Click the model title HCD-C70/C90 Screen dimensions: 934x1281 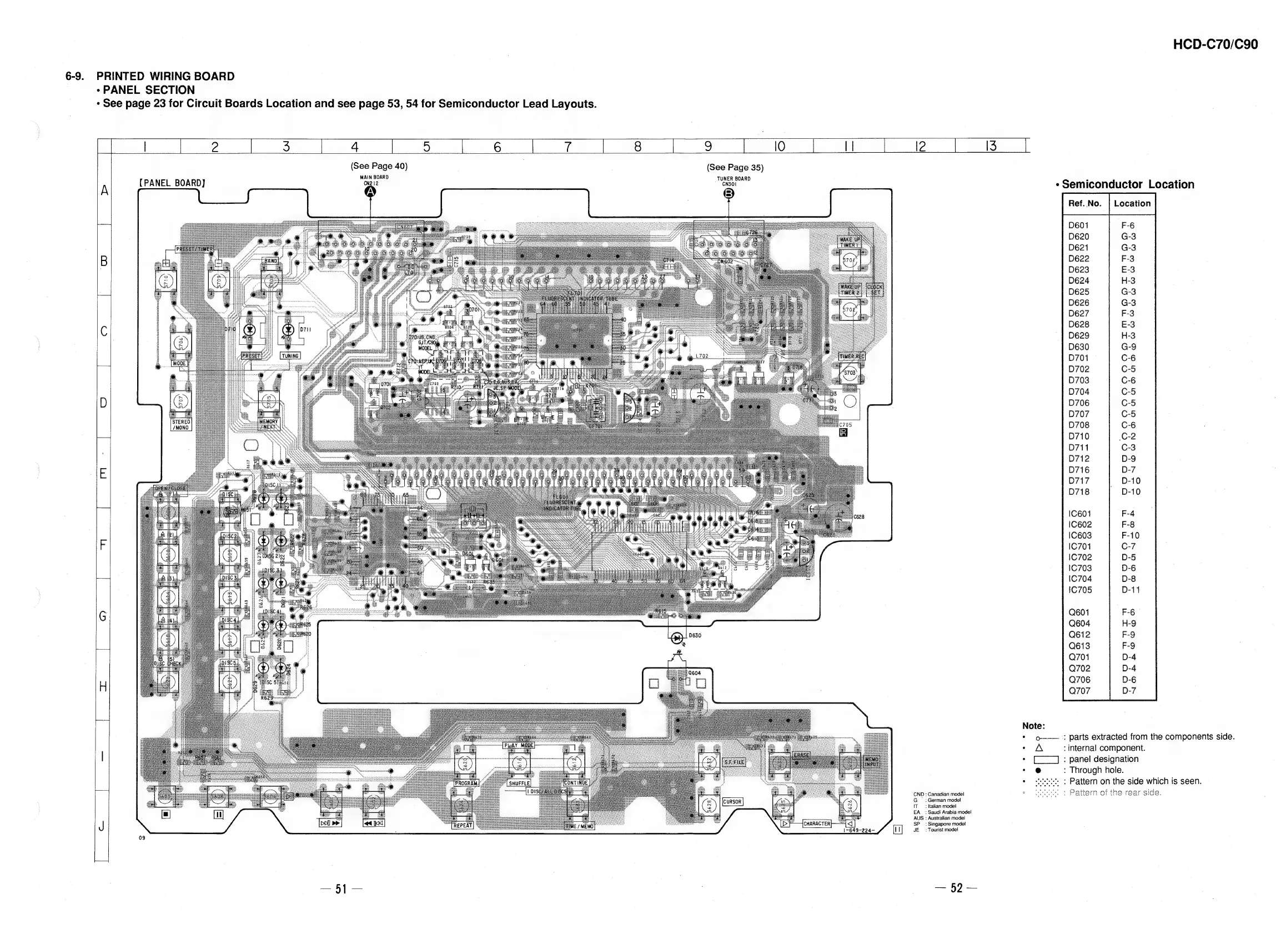coord(1215,44)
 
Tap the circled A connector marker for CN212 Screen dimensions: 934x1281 coord(370,192)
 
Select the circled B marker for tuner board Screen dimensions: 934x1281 coord(729,194)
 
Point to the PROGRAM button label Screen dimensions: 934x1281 coord(466,784)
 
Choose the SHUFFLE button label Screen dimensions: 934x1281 coord(519,784)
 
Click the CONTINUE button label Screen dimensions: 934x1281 coord(576,783)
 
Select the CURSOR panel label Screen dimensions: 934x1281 coord(732,802)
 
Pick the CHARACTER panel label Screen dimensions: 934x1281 coord(816,823)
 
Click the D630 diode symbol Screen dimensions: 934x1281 coord(677,637)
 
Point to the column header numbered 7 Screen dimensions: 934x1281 coord(567,147)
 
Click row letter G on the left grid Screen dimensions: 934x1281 coord(103,616)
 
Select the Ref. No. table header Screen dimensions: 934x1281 coord(1085,204)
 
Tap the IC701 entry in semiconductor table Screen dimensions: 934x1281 coord(1080,546)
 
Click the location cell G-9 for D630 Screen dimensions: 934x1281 coord(1128,347)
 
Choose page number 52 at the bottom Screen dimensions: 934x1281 coord(956,888)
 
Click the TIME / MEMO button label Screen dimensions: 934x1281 coord(580,827)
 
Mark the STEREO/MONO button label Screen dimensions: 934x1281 coord(182,425)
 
